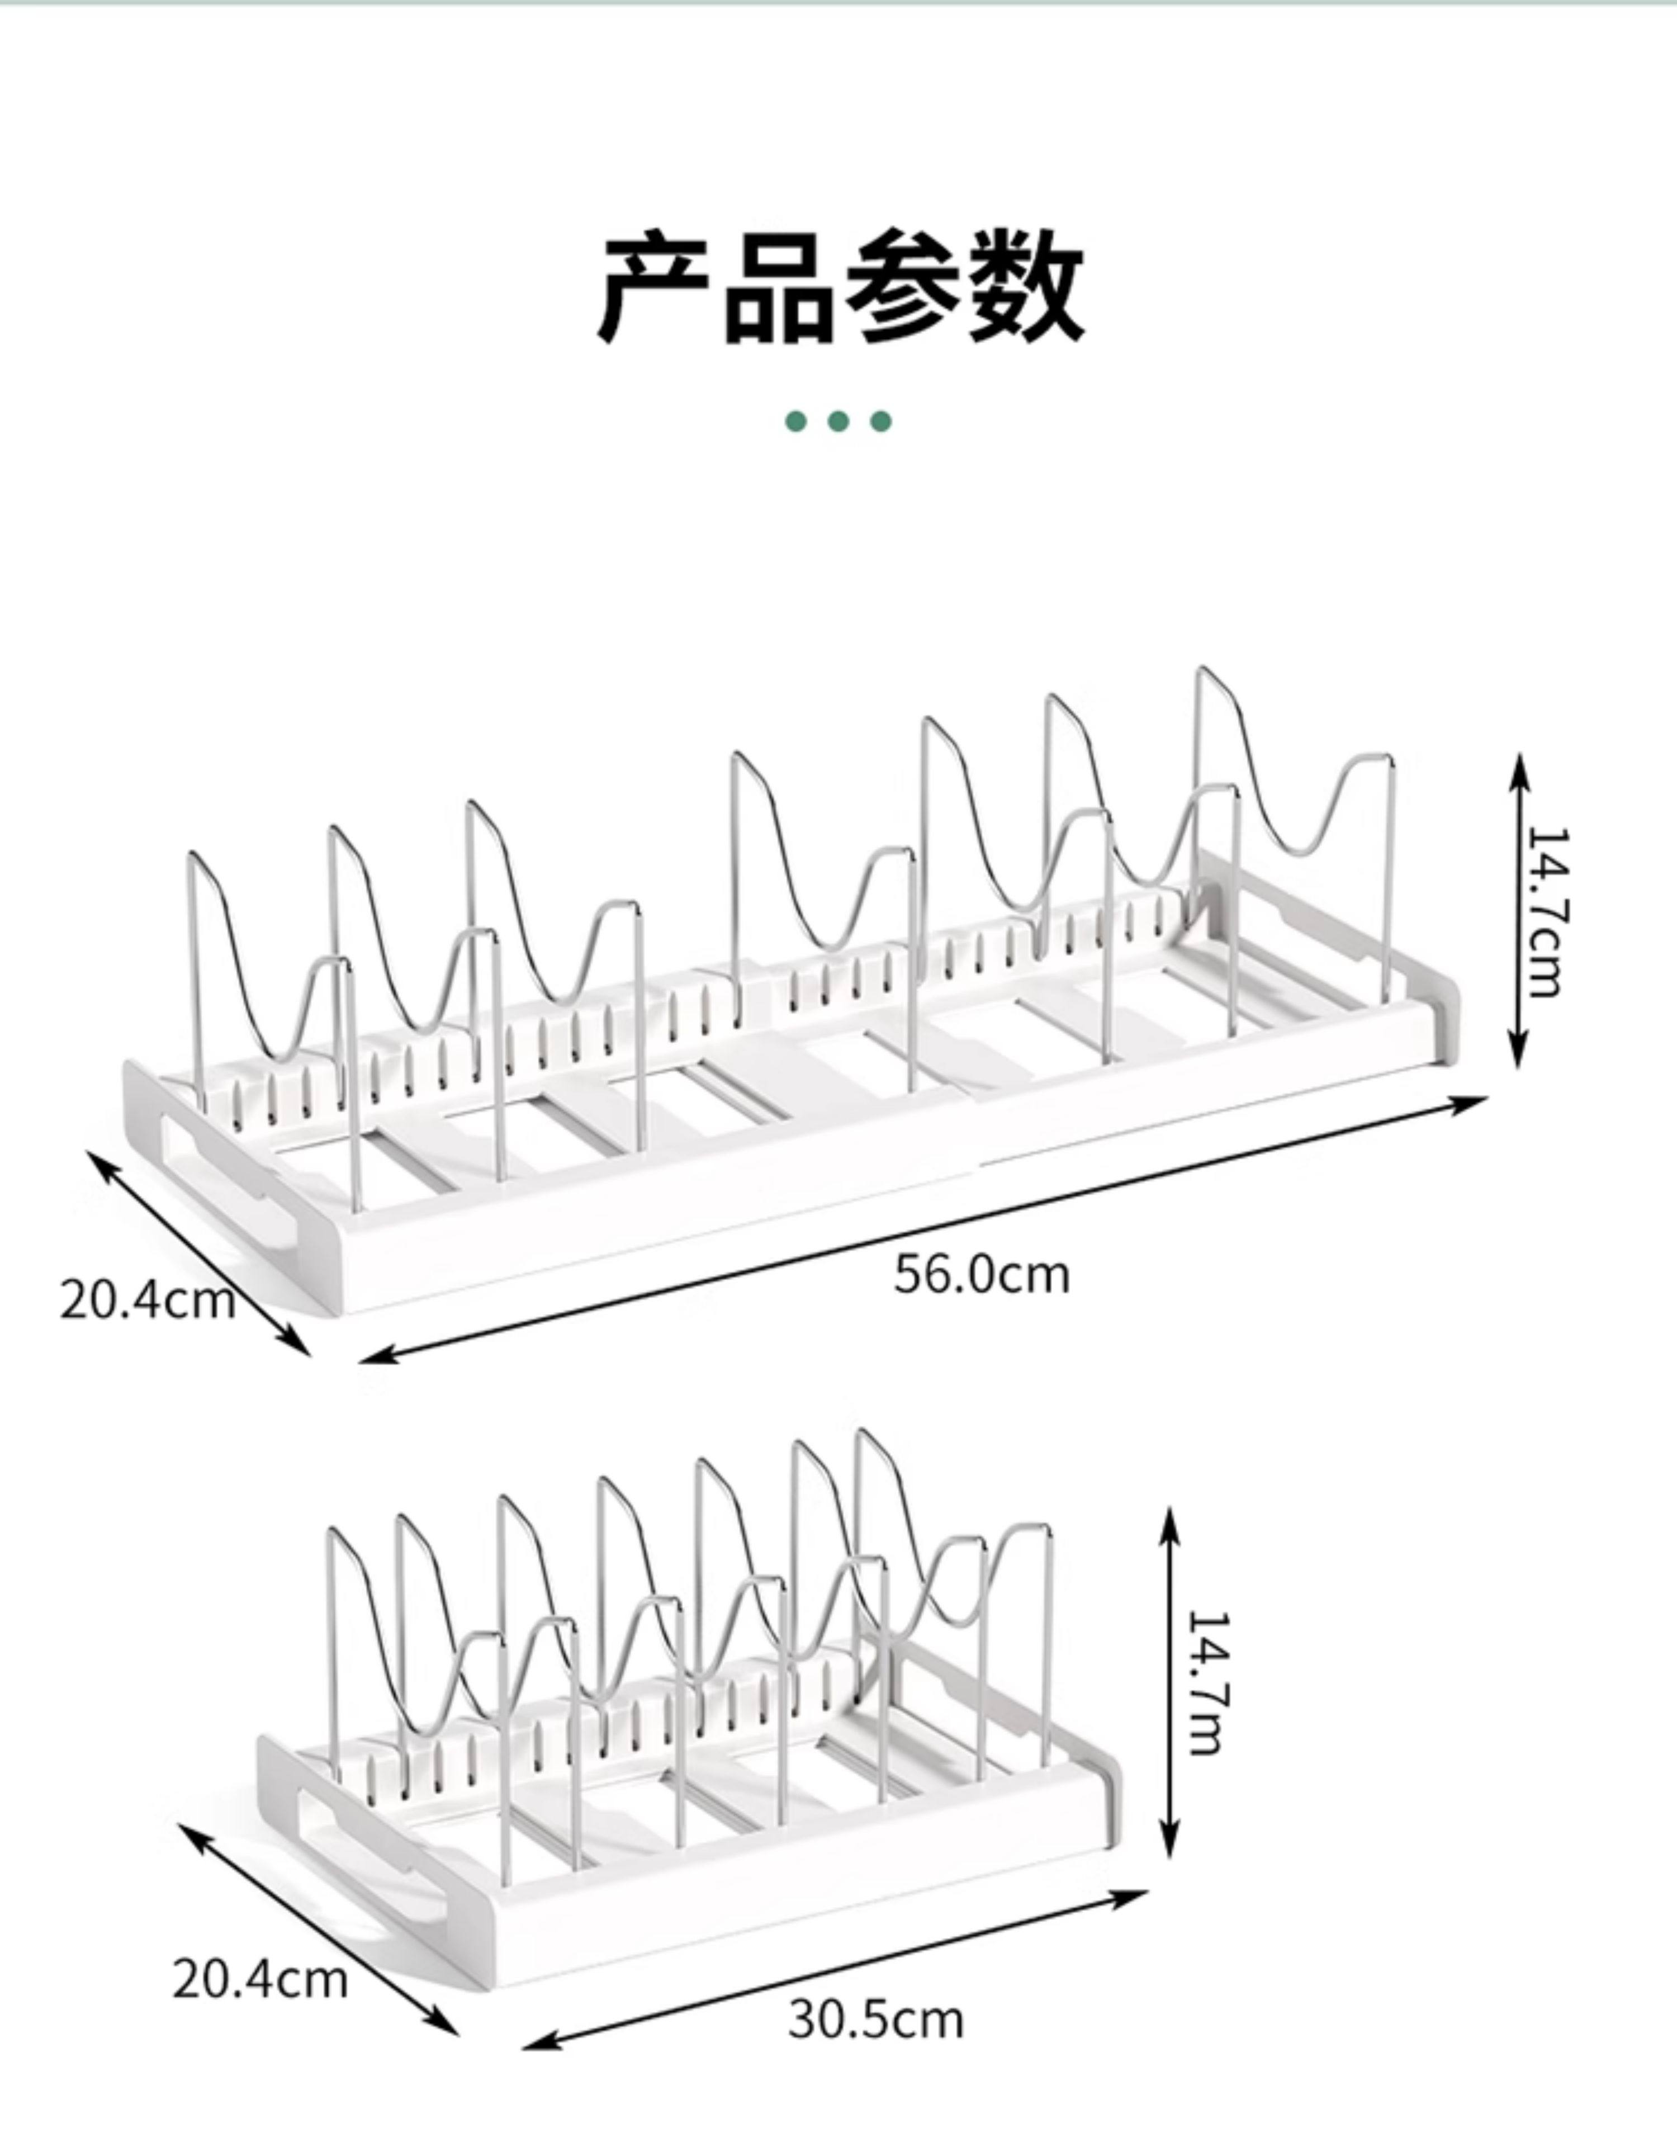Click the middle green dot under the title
click(x=839, y=422)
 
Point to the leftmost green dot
click(x=796, y=422)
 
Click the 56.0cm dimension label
click(x=981, y=1275)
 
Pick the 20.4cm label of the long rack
click(x=148, y=1299)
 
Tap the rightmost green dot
click(x=881, y=422)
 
